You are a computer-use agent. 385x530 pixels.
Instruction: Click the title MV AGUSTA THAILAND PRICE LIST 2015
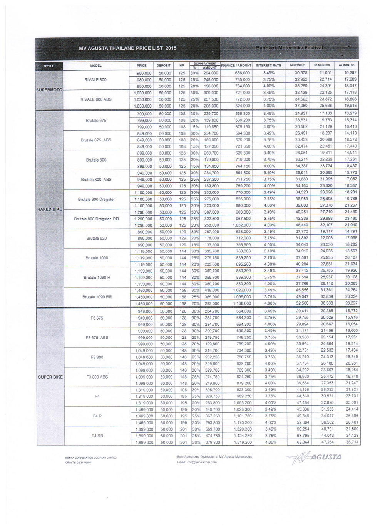pyautogui.click(x=127, y=48)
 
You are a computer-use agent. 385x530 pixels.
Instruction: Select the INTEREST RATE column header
pyautogui.click(x=268, y=66)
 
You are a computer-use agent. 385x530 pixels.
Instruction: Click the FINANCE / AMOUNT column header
pyautogui.click(x=236, y=66)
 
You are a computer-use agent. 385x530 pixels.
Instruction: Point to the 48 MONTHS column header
pyautogui.click(x=346, y=65)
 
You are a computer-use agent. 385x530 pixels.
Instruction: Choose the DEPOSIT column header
pyautogui.click(x=164, y=66)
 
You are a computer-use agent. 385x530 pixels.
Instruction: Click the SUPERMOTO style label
pyautogui.click(x=49, y=90)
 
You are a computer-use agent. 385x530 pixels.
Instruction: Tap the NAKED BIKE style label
pyautogui.click(x=49, y=209)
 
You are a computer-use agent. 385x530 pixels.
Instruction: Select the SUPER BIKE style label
pyautogui.click(x=50, y=377)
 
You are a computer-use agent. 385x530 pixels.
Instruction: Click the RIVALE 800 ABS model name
pyautogui.click(x=96, y=99)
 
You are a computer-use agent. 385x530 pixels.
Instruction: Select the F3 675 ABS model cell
pyautogui.click(x=97, y=338)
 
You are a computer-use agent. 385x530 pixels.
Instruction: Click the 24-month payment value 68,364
pyautogui.click(x=301, y=442)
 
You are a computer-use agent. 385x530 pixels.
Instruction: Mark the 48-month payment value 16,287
pyautogui.click(x=350, y=72)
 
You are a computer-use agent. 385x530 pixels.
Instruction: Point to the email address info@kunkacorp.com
pyautogui.click(x=196, y=462)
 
